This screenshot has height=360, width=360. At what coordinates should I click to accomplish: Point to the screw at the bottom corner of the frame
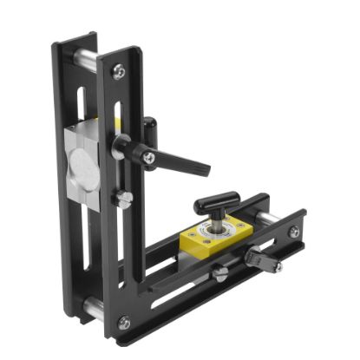point(125,323)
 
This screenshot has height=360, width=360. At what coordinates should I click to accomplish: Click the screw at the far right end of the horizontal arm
point(295,232)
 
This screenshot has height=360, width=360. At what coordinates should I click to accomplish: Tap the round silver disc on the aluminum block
point(77,167)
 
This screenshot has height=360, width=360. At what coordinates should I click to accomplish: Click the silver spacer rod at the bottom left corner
point(91,305)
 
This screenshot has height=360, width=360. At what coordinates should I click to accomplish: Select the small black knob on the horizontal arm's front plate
point(258,258)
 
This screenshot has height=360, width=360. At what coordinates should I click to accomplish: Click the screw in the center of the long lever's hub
point(149,157)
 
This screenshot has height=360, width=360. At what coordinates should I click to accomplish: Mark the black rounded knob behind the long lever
point(150,128)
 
